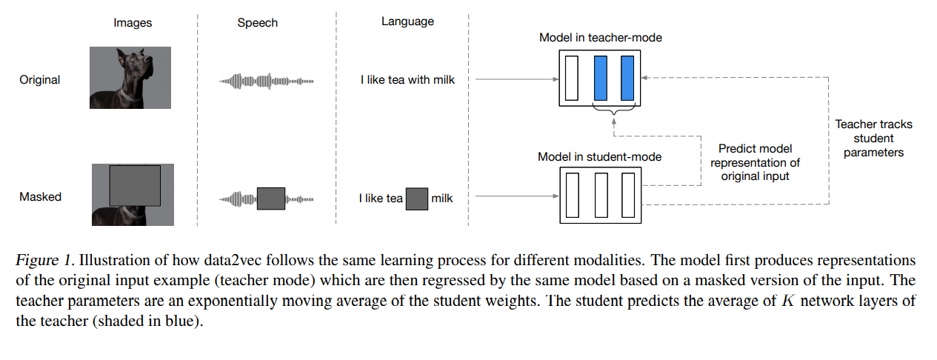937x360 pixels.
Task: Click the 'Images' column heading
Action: tap(133, 23)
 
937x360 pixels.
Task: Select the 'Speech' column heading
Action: tap(257, 23)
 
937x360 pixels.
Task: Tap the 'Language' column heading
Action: tap(407, 21)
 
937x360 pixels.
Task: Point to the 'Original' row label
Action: tap(40, 79)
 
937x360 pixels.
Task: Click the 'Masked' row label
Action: tap(40, 197)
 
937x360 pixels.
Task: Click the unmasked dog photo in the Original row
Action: tap(130, 78)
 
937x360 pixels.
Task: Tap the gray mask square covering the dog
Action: tap(134, 185)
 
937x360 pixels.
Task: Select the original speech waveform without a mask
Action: tap(267, 80)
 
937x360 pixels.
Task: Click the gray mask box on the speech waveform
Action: tap(270, 198)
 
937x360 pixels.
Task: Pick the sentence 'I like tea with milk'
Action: tap(407, 79)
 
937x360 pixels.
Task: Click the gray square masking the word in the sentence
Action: tap(416, 198)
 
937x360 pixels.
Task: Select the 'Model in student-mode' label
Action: tap(599, 156)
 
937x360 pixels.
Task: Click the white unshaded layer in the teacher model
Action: tap(570, 78)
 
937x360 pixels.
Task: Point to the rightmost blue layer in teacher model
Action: tap(627, 78)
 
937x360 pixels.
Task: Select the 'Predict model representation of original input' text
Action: tap(756, 162)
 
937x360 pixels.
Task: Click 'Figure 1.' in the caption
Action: tap(45, 261)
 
